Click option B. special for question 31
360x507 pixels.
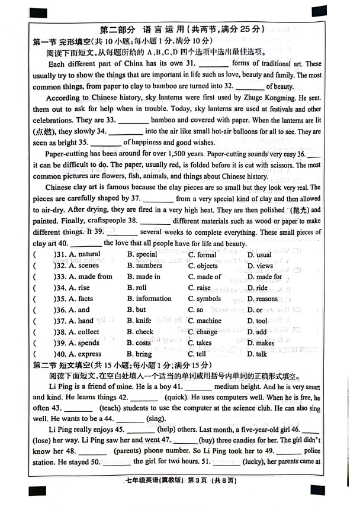tap(142, 254)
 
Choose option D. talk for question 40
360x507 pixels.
tap(257, 354)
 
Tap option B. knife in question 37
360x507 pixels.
tap(140, 321)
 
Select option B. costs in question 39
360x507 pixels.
tap(139, 343)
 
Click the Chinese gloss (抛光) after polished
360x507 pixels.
tap(301, 210)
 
